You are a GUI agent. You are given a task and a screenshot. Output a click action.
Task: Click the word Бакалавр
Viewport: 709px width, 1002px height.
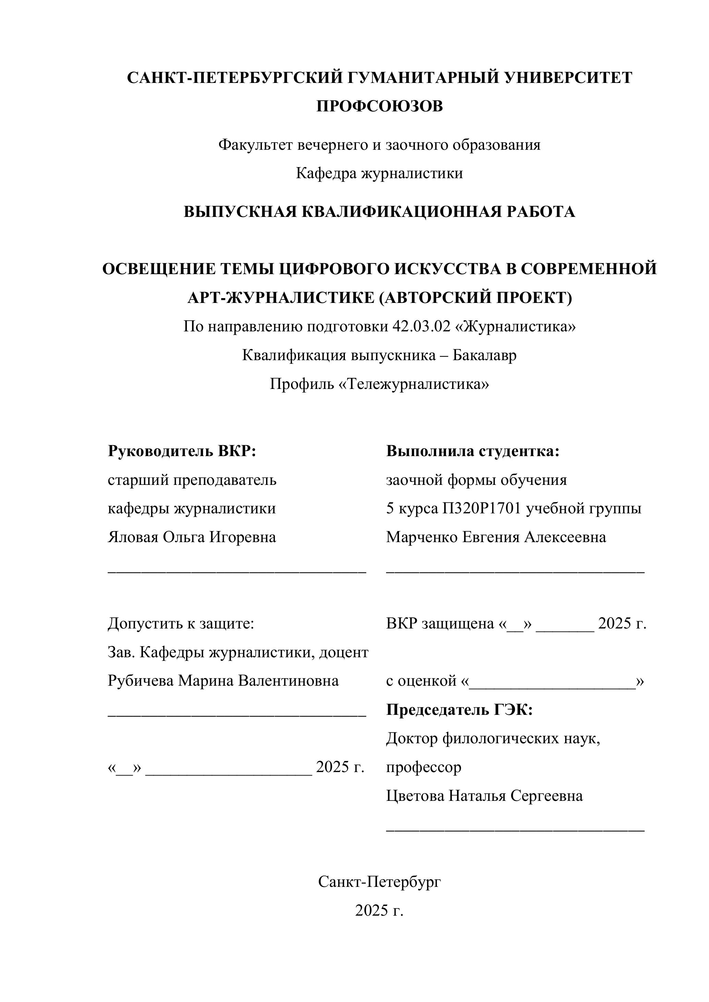pos(484,355)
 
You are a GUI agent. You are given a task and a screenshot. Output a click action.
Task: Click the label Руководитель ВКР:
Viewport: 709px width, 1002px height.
pos(182,451)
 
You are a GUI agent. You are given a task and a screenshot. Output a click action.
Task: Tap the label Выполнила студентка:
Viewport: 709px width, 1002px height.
pos(472,451)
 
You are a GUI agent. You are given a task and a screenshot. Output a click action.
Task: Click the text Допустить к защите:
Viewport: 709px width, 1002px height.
pos(181,624)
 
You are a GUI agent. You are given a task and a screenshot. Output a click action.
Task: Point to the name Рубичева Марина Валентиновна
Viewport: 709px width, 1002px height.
pos(223,681)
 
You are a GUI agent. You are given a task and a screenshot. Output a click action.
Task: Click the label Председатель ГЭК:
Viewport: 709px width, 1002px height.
pos(459,710)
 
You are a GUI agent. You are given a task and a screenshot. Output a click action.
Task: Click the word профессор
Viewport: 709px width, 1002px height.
pos(423,767)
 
